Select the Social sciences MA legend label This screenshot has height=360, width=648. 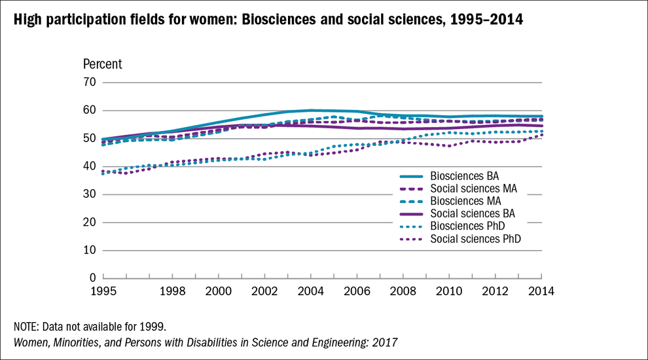(473, 189)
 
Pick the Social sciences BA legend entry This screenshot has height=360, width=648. (473, 213)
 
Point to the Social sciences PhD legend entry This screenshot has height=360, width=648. (475, 238)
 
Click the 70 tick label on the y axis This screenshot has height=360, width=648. (89, 82)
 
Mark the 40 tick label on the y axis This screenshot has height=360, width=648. (89, 166)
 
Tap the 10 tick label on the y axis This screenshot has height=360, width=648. (89, 250)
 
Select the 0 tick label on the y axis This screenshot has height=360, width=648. (93, 278)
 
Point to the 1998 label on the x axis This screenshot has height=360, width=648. (172, 291)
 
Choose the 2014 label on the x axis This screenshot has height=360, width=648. (541, 291)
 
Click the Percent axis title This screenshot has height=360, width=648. (102, 64)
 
